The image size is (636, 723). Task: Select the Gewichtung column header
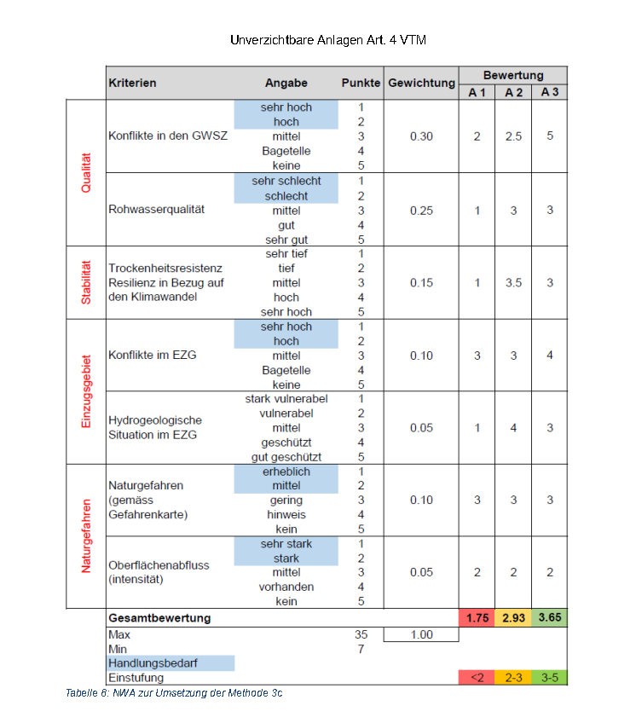click(421, 84)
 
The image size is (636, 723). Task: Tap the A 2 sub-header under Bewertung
click(513, 92)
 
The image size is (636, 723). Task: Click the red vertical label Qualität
click(85, 172)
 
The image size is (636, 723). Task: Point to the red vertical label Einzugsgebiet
click(85, 391)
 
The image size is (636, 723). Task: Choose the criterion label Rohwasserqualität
click(157, 210)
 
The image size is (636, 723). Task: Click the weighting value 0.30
click(421, 136)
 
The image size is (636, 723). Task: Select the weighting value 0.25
click(421, 211)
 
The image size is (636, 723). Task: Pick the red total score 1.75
click(477, 617)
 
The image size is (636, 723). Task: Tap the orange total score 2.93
click(513, 617)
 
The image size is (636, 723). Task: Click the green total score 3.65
click(550, 617)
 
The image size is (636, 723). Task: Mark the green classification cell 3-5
click(550, 678)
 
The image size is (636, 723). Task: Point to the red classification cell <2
click(477, 678)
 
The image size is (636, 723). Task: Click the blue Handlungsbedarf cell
click(170, 662)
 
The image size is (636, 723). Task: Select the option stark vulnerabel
click(286, 399)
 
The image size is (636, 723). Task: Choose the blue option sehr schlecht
click(286, 181)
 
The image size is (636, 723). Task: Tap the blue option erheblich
click(286, 471)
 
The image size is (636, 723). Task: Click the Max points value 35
click(361, 634)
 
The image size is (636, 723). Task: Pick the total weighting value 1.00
click(421, 634)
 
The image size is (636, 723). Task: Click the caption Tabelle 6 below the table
click(174, 692)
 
